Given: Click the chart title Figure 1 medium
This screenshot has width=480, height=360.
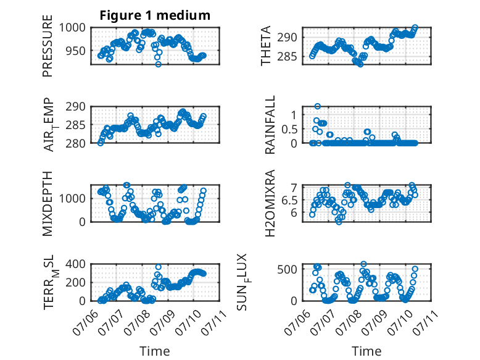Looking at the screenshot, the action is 155,15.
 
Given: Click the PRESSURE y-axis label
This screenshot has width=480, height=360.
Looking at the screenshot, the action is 48,46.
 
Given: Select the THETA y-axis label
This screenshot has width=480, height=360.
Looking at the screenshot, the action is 266,46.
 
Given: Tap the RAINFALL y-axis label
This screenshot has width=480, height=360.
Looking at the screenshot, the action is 270,125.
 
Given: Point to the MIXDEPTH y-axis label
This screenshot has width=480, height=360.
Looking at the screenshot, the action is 48,204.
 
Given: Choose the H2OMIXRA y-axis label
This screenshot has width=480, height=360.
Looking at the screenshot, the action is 270,203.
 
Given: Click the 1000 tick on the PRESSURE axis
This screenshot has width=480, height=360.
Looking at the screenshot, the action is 72,28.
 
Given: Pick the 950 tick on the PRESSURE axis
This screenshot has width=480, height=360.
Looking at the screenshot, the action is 76,51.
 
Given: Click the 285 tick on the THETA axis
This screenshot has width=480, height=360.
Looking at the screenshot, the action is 287,56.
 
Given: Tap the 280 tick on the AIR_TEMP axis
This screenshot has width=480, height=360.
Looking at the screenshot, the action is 76,143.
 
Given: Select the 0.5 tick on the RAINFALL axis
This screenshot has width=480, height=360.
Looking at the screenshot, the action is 289,129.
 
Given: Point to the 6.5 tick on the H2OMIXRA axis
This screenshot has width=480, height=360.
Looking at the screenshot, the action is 289,201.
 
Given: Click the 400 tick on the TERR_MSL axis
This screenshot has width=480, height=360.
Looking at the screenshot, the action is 76,264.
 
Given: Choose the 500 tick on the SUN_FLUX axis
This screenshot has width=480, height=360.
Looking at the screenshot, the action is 287,269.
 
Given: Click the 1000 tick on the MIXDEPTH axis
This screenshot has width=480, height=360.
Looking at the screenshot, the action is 72,198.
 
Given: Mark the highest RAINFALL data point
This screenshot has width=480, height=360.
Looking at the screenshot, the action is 318,106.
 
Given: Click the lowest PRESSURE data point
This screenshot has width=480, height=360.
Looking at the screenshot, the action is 159,64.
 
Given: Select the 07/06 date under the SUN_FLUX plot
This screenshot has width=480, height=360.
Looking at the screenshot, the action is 297,322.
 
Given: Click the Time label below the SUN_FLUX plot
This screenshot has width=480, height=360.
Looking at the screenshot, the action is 366,351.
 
